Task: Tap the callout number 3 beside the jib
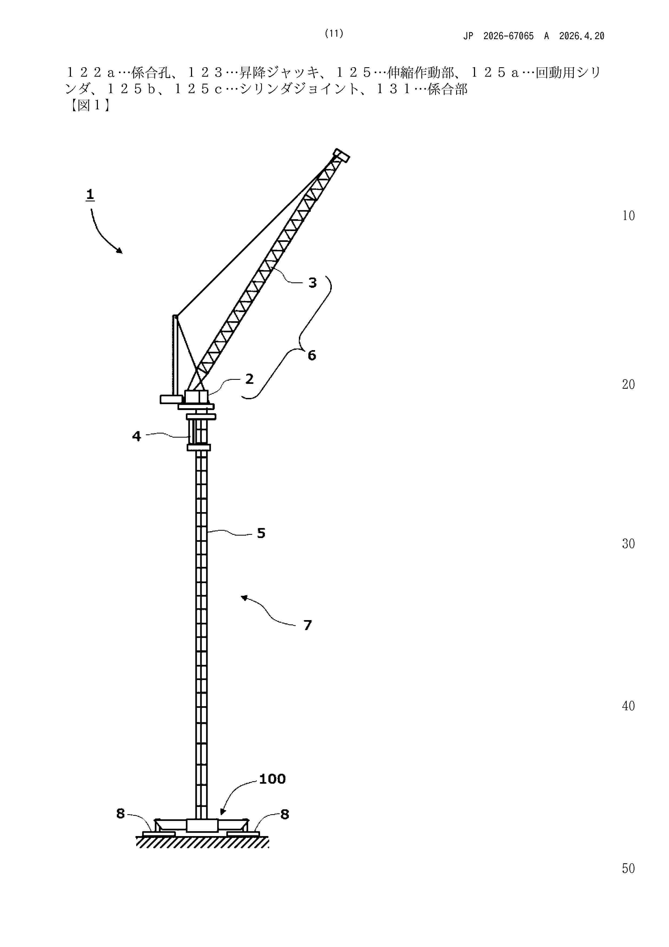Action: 312,283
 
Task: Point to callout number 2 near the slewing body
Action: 249,379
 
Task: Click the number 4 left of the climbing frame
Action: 136,436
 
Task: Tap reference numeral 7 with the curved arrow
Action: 308,625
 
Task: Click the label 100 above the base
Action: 272,779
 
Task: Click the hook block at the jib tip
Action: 341,155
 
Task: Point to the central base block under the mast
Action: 202,825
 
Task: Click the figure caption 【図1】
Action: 89,106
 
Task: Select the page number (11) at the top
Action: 334,33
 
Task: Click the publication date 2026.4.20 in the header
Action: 582,36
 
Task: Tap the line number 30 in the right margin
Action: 628,544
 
